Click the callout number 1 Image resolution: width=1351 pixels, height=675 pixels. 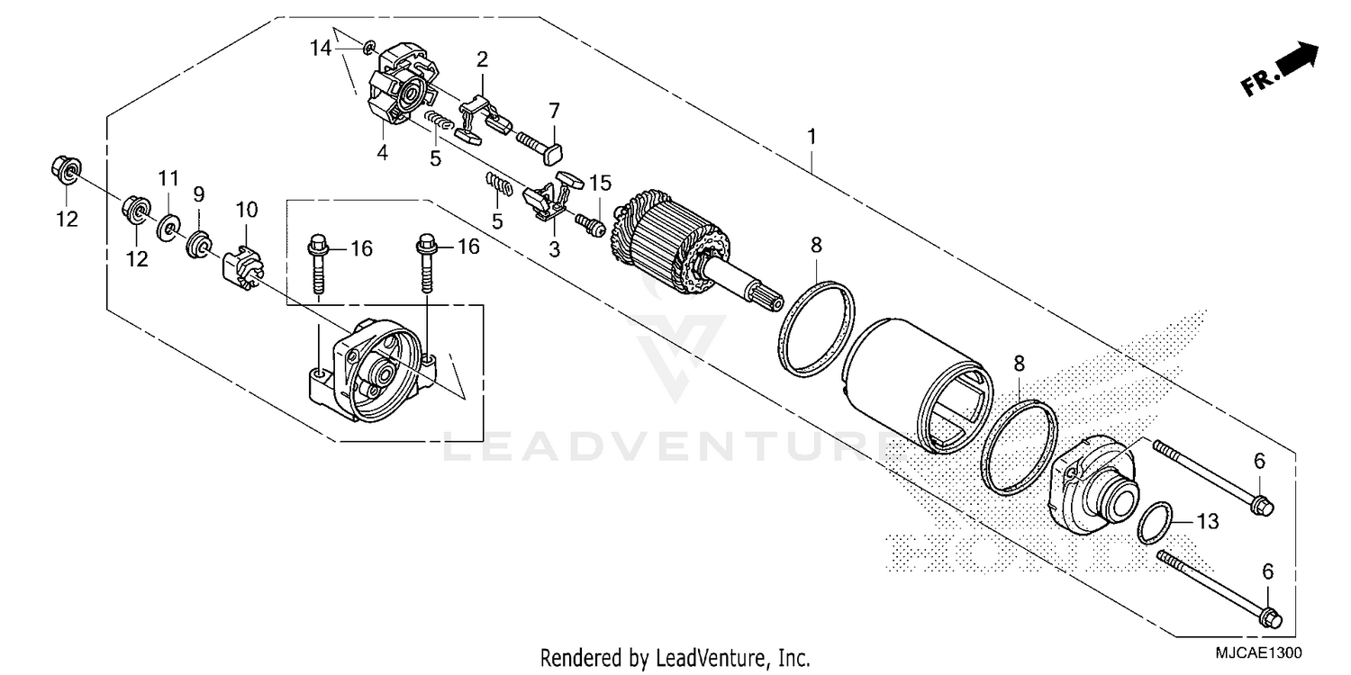click(812, 138)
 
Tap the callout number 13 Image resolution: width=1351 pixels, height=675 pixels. click(1208, 520)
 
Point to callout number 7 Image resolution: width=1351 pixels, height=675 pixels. click(554, 111)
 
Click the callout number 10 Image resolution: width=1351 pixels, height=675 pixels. click(247, 211)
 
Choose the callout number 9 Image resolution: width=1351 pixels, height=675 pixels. click(198, 193)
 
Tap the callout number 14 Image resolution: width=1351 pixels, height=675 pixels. click(322, 49)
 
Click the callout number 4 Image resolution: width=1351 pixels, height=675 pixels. click(383, 153)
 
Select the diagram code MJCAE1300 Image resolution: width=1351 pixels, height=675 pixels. click(1261, 651)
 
